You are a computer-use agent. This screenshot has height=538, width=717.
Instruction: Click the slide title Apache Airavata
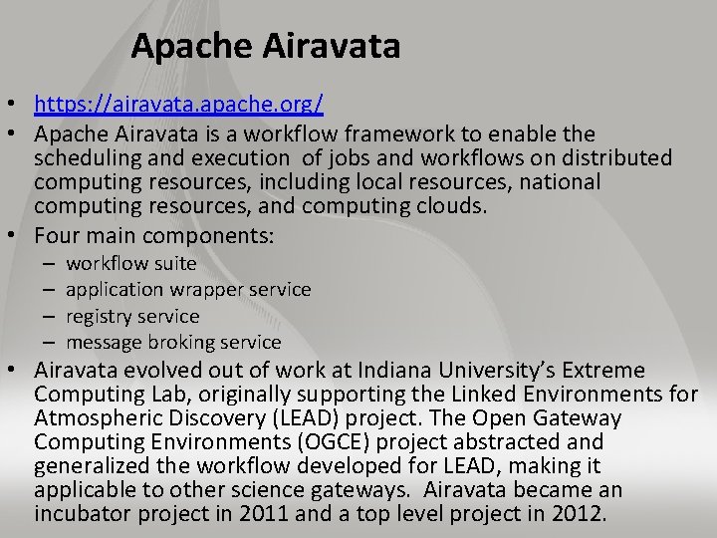(x=265, y=46)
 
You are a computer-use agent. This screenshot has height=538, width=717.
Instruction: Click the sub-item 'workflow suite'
(x=131, y=264)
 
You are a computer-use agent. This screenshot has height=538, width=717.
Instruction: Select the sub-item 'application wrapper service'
(x=188, y=290)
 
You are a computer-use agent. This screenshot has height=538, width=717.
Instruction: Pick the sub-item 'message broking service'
(x=173, y=342)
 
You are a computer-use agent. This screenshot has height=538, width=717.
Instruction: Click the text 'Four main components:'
(x=153, y=237)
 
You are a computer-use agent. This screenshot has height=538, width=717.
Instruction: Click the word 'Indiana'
(x=408, y=370)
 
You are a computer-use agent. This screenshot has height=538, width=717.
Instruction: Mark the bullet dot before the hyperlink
(x=17, y=105)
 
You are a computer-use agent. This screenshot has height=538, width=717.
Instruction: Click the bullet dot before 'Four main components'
(x=17, y=237)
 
